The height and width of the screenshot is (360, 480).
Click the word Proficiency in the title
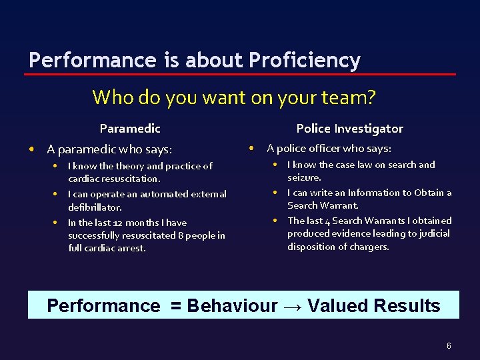coord(305,61)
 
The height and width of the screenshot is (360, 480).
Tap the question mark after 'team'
coord(371,98)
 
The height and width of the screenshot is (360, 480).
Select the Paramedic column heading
coord(130,129)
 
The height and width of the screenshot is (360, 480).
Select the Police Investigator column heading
coord(349,129)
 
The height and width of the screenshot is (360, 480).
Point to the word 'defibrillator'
coord(95,207)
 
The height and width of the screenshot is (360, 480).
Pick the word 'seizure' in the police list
coord(303,178)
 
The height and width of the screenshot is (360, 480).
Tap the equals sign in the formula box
coord(175,306)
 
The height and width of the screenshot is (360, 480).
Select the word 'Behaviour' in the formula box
coord(232,306)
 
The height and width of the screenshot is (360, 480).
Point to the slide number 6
coord(449,346)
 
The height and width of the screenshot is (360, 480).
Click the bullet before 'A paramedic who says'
coord(32,149)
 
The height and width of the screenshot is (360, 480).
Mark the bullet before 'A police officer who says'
coord(252,148)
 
